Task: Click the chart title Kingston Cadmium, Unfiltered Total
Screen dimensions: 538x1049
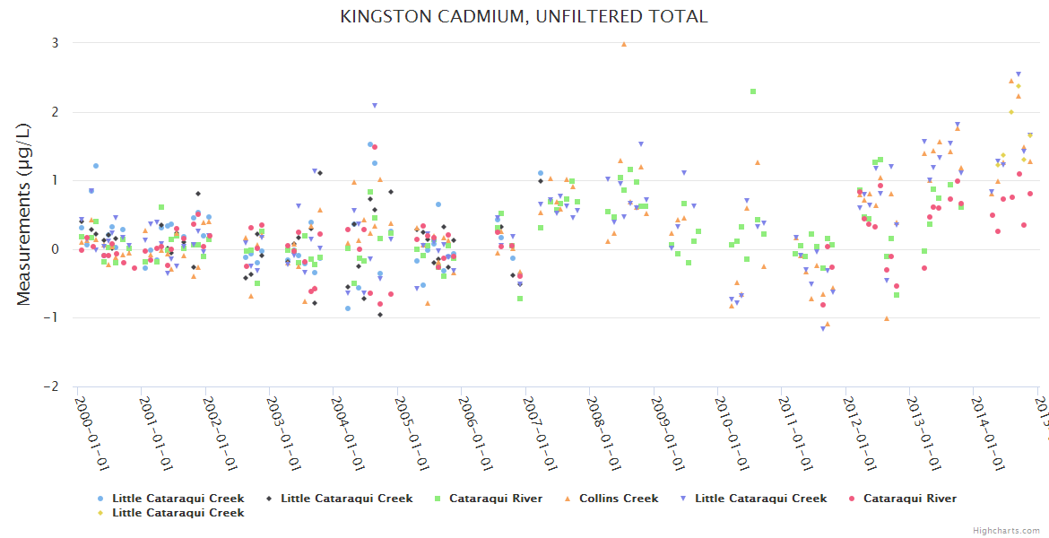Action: [524, 17]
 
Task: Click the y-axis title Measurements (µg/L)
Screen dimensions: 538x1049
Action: [24, 214]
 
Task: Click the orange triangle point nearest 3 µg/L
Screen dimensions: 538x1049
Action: [624, 43]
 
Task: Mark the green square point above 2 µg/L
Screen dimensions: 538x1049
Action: [753, 91]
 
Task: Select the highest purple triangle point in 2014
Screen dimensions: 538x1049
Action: [1018, 74]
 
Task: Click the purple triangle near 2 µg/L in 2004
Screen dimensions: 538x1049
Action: [375, 106]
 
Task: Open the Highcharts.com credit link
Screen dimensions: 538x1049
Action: [1007, 530]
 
